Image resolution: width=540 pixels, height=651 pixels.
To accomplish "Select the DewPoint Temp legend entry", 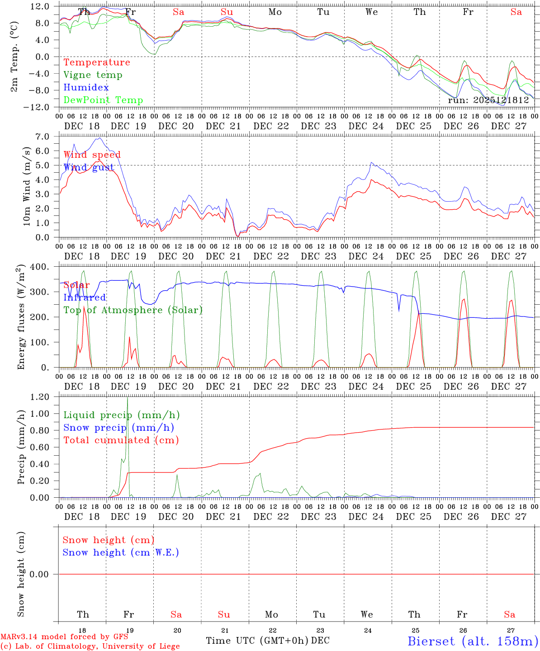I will (x=103, y=100).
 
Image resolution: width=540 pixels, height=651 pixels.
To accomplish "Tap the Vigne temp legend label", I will (x=93, y=75).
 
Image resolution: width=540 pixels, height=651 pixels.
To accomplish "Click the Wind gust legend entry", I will (x=89, y=168).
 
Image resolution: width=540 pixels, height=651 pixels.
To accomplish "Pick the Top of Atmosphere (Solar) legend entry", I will (x=133, y=310).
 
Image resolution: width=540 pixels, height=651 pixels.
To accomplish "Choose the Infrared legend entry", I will (x=85, y=297).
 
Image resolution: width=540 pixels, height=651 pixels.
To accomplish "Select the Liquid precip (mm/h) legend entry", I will (x=122, y=415).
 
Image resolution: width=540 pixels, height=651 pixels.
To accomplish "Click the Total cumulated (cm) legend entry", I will (x=121, y=440).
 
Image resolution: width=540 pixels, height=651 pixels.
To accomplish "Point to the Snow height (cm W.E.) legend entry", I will (x=121, y=552).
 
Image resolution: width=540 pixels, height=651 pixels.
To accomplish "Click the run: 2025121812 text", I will (x=488, y=100).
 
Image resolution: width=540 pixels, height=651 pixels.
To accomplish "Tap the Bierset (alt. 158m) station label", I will (x=473, y=641).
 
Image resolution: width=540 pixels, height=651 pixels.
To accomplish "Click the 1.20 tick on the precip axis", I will (x=40, y=397).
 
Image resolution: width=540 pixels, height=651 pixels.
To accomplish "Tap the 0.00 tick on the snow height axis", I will (x=40, y=574).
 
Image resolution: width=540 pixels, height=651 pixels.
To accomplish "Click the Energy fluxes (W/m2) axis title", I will (x=21, y=318).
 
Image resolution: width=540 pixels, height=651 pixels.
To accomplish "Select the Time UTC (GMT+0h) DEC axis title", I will (x=268, y=641).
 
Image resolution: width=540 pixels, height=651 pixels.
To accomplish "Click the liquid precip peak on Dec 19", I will (x=128, y=398).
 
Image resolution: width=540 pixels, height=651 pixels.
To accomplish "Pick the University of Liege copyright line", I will (x=90, y=646).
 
